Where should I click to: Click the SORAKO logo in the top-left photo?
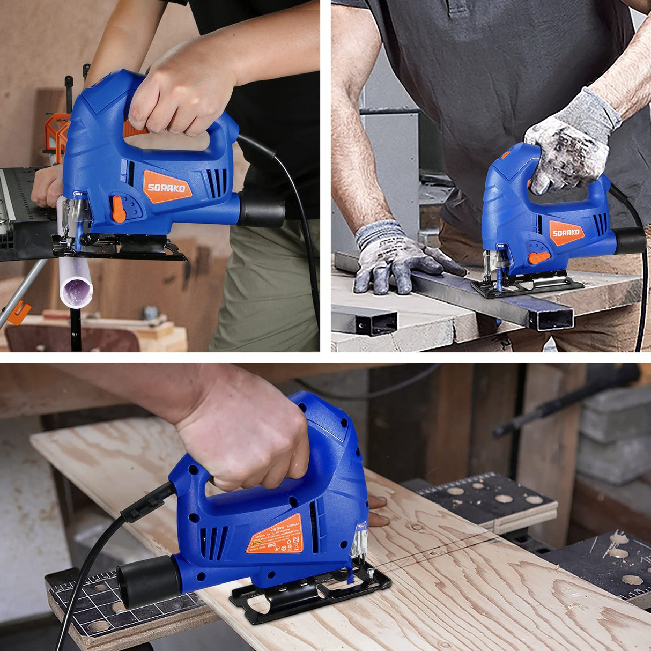[x=167, y=187]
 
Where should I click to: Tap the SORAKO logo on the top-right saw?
[x=566, y=232]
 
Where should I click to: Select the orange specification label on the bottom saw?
[x=276, y=535]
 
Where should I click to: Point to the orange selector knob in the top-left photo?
[x=119, y=209]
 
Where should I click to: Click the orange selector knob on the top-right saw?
[x=539, y=257]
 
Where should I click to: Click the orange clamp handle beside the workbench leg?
[x=19, y=312]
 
